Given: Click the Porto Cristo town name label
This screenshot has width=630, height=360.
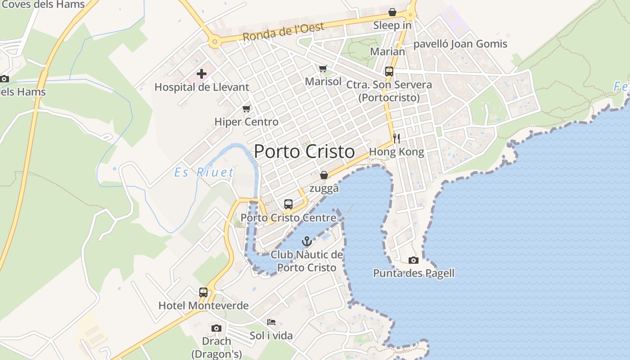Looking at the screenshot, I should click(x=304, y=152).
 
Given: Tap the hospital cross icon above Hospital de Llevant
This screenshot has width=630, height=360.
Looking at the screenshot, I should click(x=202, y=73).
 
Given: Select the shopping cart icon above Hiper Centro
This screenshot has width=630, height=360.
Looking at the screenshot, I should click(x=246, y=108).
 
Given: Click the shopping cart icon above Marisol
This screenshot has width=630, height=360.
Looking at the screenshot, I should click(x=323, y=68).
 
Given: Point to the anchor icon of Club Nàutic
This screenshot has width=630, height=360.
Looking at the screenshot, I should click(x=306, y=241).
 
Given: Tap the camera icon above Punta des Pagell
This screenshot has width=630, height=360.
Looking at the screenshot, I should click(x=413, y=260).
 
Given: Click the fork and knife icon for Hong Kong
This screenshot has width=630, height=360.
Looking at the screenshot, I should click(x=396, y=138).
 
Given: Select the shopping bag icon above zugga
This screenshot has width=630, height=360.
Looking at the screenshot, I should click(x=324, y=175).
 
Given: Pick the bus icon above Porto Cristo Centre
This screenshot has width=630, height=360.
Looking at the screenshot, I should click(x=288, y=204).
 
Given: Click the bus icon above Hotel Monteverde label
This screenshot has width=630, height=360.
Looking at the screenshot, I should click(x=203, y=292).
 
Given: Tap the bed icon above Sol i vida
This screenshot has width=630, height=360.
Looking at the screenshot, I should click(x=271, y=322).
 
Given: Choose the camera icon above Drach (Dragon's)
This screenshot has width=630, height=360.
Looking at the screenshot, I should click(x=216, y=328).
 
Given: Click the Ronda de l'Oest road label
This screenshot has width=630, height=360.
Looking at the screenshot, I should click(x=283, y=32).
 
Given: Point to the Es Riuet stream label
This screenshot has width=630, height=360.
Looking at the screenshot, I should click(x=204, y=172).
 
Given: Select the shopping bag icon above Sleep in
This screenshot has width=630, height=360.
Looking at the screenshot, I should click(x=392, y=12).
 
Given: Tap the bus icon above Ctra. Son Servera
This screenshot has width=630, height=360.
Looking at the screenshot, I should click(x=389, y=71).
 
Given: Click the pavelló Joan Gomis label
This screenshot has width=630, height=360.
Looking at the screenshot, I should click(x=460, y=44).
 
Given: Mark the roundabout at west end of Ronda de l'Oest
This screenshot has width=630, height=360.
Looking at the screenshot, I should click(x=215, y=42).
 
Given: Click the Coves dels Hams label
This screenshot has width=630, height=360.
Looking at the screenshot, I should click(x=43, y=4).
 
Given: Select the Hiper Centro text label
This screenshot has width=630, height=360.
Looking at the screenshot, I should click(x=246, y=121).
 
